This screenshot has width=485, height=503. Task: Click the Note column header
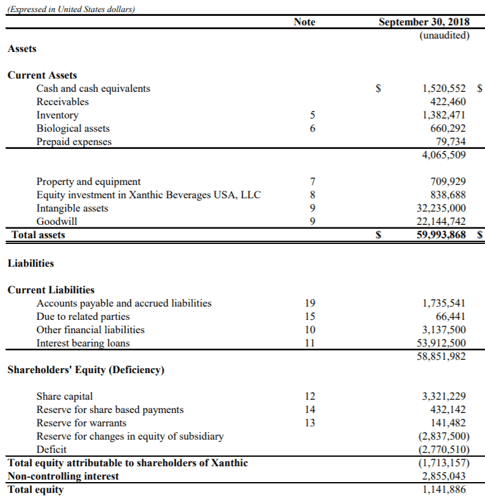(x=304, y=22)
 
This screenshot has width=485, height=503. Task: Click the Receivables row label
(x=62, y=102)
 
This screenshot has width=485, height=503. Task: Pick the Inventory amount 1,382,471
(x=444, y=115)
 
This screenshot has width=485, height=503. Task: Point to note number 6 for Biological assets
(x=312, y=129)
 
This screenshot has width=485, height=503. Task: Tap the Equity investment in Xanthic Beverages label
(x=148, y=195)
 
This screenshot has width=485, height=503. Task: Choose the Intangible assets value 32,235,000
(x=441, y=208)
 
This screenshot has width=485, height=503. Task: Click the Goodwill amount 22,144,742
(x=441, y=222)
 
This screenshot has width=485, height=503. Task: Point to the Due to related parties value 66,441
(x=451, y=317)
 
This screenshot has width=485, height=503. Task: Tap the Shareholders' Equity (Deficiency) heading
(x=86, y=370)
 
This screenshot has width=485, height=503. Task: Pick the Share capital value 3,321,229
(x=444, y=397)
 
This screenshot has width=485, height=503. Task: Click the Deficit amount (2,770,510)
(x=442, y=450)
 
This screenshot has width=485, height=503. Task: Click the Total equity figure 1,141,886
(x=444, y=490)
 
